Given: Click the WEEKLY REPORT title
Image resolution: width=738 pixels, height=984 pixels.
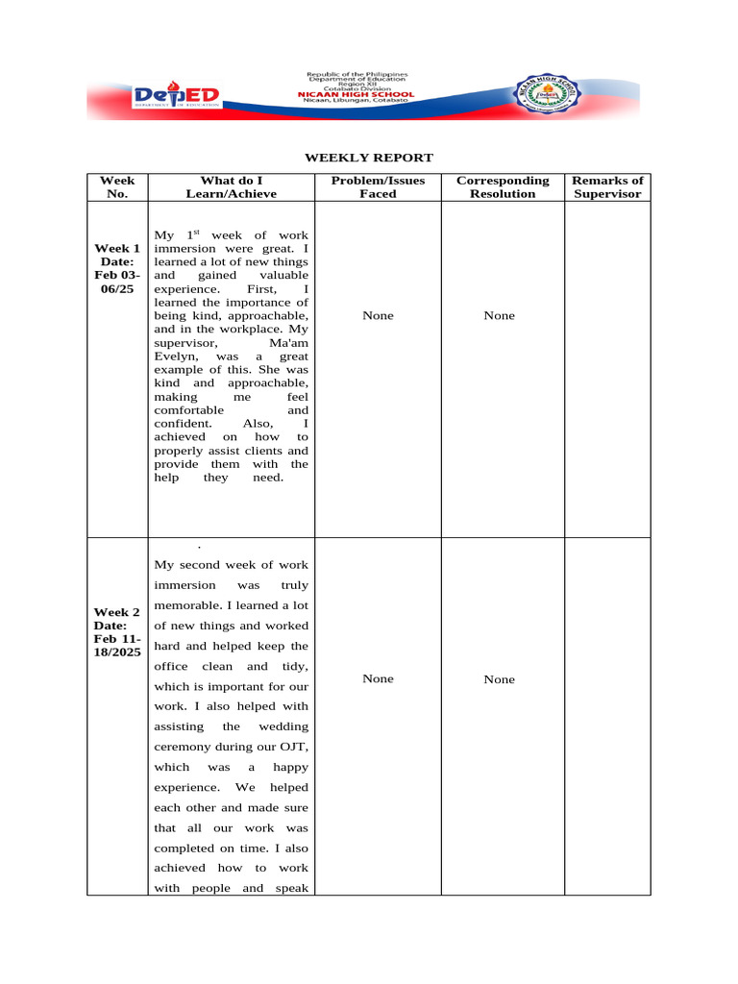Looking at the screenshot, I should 369,158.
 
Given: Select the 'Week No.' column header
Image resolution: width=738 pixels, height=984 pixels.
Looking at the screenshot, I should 117,186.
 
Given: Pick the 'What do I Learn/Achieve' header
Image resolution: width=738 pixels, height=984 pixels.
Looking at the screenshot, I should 231,186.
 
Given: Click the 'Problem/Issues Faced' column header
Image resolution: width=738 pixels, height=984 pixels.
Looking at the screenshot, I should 378,186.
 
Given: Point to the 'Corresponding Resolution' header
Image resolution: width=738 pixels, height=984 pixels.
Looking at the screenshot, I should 503,186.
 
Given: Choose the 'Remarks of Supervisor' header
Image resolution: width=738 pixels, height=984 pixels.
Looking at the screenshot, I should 607,186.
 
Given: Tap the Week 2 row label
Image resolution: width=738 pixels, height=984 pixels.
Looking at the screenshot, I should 117,631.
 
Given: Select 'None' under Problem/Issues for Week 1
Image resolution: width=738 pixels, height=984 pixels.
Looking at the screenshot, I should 378,315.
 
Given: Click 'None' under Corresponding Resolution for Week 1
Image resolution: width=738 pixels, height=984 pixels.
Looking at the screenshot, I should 499,315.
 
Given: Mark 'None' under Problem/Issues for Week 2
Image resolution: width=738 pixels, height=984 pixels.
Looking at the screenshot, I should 378,678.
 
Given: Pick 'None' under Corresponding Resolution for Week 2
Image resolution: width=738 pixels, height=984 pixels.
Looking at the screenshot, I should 499,679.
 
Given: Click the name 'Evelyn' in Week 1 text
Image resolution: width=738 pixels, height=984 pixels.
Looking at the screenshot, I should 174,356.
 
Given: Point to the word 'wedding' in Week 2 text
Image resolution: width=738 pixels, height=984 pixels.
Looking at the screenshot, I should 283,726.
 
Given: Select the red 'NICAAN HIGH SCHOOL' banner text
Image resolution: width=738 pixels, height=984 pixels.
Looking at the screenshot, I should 357,94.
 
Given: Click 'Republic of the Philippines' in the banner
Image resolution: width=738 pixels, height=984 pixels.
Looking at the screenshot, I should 357,74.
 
